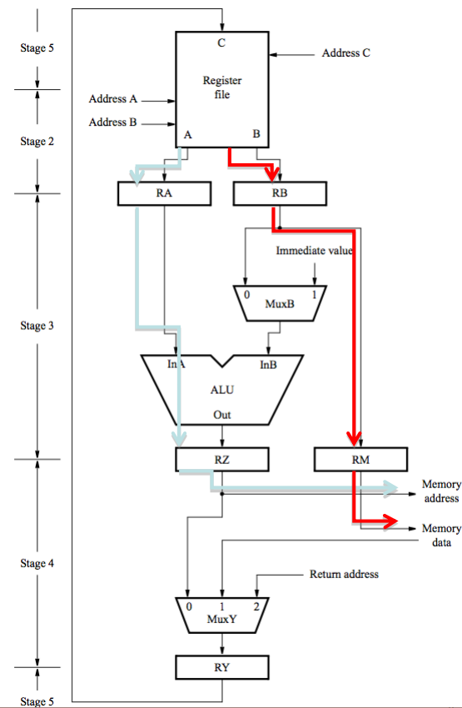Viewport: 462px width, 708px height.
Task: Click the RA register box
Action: [x=164, y=193]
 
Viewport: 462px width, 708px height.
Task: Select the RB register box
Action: [x=280, y=193]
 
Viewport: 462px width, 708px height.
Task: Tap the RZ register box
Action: [x=222, y=460]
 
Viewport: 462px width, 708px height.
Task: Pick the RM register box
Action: [x=361, y=460]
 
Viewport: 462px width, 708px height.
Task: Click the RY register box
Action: [x=222, y=667]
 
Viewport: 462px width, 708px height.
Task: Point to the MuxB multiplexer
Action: [x=280, y=303]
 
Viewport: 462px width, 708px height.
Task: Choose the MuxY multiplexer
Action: [x=222, y=615]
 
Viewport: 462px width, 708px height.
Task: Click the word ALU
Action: [x=222, y=390]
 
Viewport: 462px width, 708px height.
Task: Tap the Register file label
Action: [x=222, y=87]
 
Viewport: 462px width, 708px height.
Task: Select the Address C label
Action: [x=346, y=52]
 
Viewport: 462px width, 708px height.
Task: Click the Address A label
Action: [x=112, y=99]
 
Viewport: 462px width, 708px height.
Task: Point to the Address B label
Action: [x=112, y=122]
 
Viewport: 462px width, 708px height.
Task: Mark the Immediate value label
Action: [x=315, y=251]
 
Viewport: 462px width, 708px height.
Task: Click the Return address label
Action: [x=344, y=575]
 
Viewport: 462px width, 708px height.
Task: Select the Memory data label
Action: [x=441, y=536]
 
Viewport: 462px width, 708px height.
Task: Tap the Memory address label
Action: [x=441, y=491]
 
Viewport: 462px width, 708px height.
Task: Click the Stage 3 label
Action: [x=37, y=326]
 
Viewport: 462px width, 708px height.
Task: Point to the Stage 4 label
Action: [x=37, y=564]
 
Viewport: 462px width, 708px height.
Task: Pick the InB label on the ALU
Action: [x=268, y=365]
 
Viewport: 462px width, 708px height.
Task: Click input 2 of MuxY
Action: [x=256, y=606]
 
